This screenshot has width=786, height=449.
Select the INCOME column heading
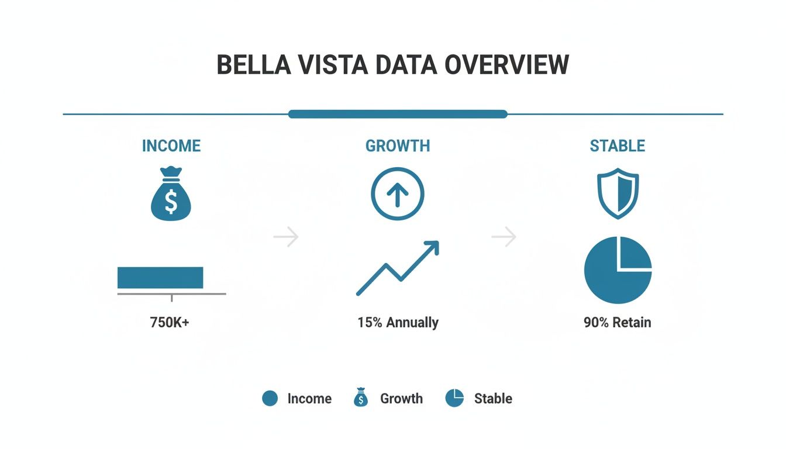(171, 146)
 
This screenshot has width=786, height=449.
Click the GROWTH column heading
(398, 146)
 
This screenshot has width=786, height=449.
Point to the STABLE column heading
(618, 146)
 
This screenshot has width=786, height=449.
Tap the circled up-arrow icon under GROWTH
(398, 194)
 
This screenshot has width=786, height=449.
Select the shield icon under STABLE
(618, 194)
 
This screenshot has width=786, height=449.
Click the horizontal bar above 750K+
(160, 278)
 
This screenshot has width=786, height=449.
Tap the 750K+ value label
(170, 322)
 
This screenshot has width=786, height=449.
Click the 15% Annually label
(398, 322)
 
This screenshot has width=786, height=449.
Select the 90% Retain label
(617, 322)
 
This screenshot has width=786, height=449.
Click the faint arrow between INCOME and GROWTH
(286, 237)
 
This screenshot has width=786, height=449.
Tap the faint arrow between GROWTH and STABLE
(504, 237)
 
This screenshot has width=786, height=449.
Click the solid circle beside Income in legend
(270, 399)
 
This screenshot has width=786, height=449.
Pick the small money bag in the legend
(361, 398)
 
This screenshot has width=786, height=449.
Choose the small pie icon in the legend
(454, 398)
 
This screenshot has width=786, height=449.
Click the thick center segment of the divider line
(398, 114)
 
